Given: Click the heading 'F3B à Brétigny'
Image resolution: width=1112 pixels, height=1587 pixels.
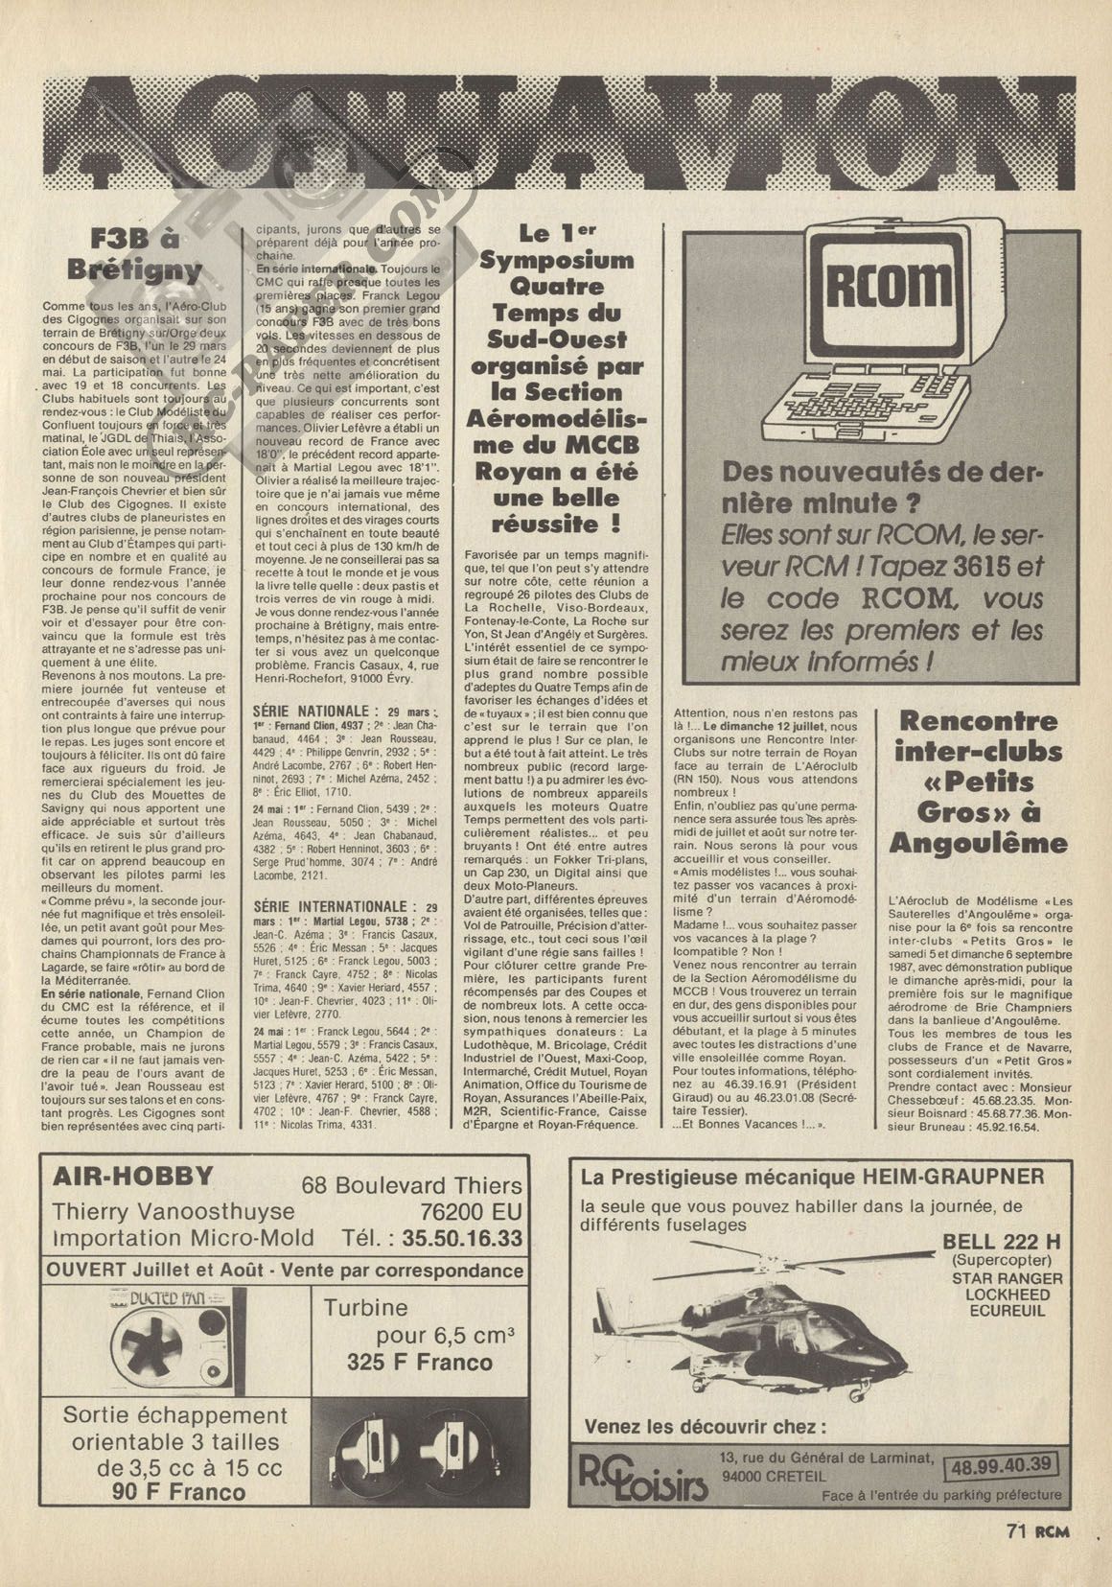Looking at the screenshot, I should (x=145, y=253).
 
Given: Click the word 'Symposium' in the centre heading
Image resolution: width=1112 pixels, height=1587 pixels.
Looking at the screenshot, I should (x=551, y=260).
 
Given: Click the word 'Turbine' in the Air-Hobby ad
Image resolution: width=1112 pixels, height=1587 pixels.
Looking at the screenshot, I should (x=365, y=1308).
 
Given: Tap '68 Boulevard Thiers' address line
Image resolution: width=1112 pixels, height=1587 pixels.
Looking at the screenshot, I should (x=411, y=1185).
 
